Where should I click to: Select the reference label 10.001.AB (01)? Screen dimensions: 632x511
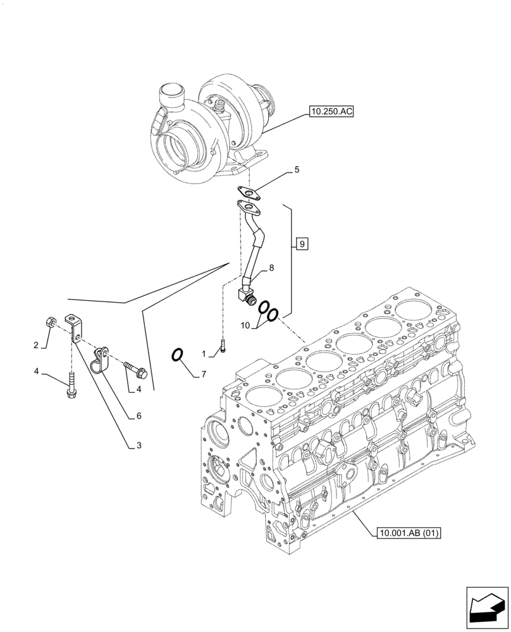[408, 533]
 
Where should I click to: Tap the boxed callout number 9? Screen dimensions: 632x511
[302, 243]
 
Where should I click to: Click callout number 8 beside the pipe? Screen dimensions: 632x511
[271, 268]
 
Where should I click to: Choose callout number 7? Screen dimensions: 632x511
[204, 375]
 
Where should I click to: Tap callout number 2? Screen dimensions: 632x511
[36, 345]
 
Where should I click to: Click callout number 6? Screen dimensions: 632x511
[138, 416]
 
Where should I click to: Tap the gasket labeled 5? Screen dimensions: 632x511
[250, 191]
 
